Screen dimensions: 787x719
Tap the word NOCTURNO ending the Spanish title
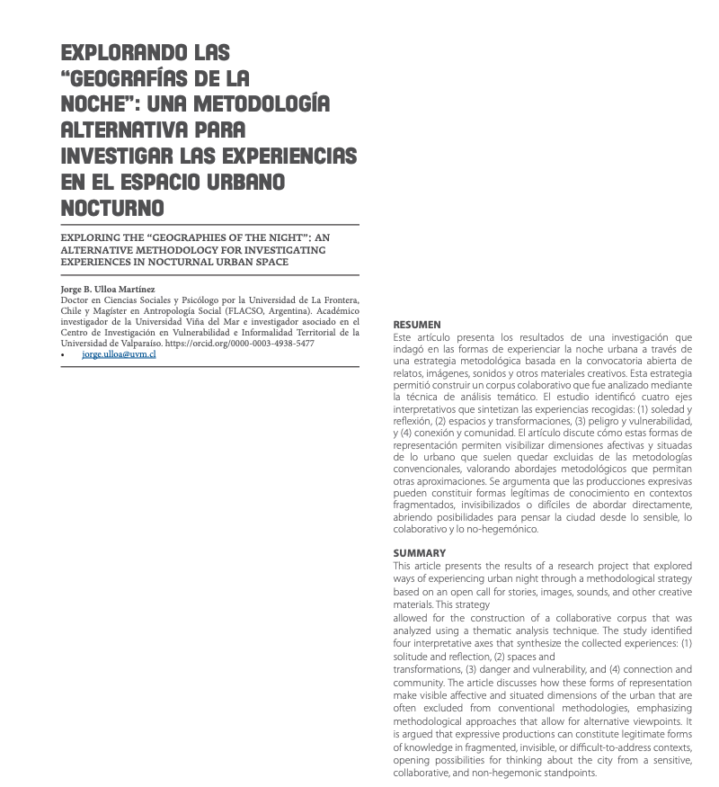pos(112,208)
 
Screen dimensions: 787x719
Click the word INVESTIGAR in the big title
pos(120,156)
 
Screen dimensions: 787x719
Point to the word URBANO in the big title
pos(243,182)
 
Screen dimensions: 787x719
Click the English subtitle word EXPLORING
pos(91,239)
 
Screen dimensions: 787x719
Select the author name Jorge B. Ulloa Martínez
pos(107,288)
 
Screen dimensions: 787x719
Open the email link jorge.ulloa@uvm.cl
pos(119,354)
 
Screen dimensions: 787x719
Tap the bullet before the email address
pos(63,355)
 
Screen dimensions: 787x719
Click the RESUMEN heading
pos(417,324)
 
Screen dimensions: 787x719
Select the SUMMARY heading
pos(419,552)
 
